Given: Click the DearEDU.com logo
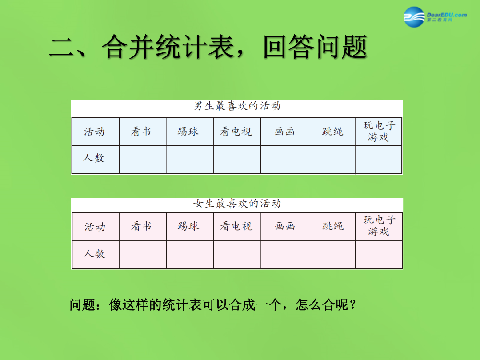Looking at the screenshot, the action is (x=435, y=17).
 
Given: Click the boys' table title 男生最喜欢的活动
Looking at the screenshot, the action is (x=237, y=106).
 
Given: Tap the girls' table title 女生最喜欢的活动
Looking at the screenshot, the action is (x=237, y=203).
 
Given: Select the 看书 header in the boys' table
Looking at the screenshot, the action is (x=141, y=132).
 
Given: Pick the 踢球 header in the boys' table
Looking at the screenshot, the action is (x=188, y=132).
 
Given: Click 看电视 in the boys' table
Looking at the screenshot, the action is (x=236, y=132).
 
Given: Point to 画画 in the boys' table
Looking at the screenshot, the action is (x=285, y=132).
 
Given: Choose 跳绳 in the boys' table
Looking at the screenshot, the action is (x=332, y=132).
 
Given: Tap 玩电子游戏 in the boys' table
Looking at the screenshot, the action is (x=379, y=131).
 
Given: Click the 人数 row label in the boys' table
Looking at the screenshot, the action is (x=94, y=158).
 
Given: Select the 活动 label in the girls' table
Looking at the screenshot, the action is (x=95, y=227).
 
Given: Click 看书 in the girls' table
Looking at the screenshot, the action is (x=141, y=226).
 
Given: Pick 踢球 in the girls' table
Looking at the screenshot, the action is (x=188, y=226).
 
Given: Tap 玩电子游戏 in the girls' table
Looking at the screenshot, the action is (x=379, y=226).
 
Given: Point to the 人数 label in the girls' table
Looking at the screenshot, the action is (x=94, y=254).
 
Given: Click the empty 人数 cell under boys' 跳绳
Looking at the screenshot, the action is (x=332, y=160).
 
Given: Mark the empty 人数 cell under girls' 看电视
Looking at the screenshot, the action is (x=237, y=255).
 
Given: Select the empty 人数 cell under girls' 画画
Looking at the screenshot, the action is (x=285, y=255).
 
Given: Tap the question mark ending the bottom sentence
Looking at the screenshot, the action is (x=352, y=305).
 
